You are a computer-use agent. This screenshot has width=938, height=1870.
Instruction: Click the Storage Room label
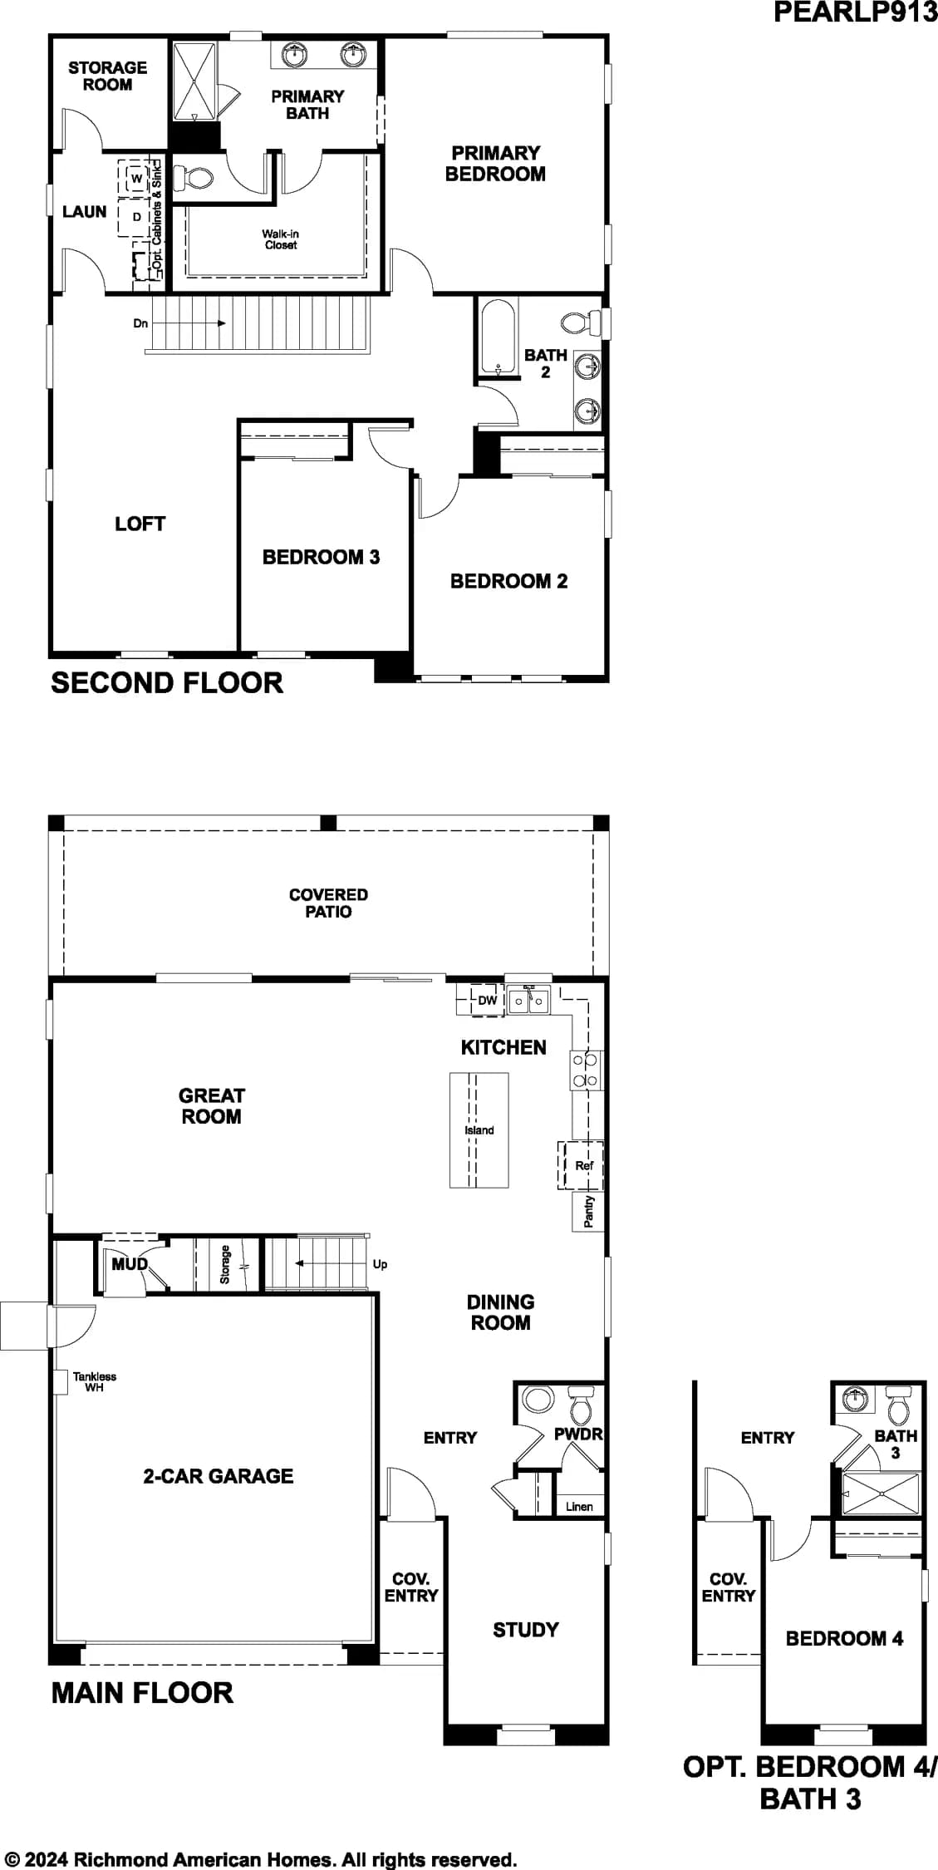click(x=107, y=76)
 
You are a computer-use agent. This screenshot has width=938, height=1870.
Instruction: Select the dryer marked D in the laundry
click(x=136, y=217)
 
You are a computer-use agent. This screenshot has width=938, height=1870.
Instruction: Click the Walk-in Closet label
click(x=280, y=239)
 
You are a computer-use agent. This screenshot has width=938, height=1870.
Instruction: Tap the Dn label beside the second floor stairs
click(x=140, y=323)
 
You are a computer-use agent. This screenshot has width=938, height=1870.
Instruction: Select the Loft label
click(x=140, y=524)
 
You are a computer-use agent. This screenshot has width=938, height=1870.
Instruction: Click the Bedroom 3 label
click(x=321, y=557)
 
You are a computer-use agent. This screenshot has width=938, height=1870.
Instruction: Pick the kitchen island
click(x=479, y=1130)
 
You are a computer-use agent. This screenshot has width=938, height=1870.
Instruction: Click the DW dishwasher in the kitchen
click(x=487, y=1000)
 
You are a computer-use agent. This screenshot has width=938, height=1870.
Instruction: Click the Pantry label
click(x=589, y=1211)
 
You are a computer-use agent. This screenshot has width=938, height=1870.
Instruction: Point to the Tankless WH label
click(x=95, y=1382)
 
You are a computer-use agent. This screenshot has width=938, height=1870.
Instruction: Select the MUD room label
click(x=130, y=1264)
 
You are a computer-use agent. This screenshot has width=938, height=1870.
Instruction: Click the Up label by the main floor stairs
click(x=380, y=1264)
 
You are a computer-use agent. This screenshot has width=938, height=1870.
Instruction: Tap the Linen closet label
click(x=579, y=1506)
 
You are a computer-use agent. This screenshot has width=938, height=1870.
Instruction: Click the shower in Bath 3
click(x=882, y=1494)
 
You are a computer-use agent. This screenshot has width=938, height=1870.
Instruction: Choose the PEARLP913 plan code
click(x=855, y=12)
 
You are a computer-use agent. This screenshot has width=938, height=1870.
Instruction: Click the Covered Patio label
click(x=328, y=903)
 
